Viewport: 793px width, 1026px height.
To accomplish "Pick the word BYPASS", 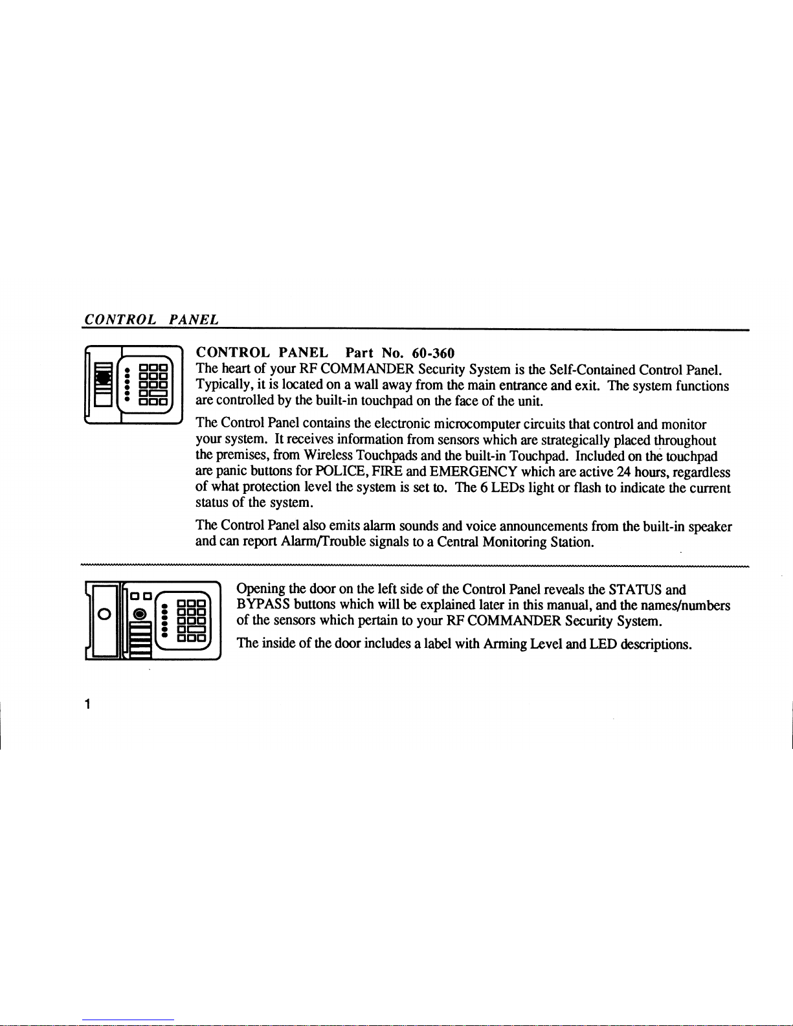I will point(263,605).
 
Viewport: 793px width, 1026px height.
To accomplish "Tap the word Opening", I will point(261,590).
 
